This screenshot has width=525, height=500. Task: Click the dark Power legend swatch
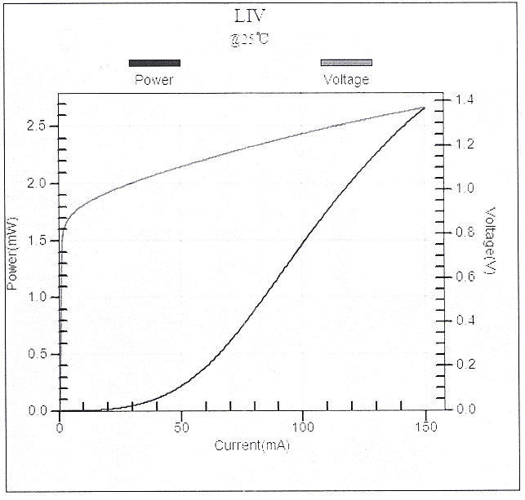[154, 63]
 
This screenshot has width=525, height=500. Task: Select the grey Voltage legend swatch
[346, 63]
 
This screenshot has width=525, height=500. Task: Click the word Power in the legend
[153, 80]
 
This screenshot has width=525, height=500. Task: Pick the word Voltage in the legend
[346, 80]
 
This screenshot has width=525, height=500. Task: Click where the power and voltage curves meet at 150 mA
[425, 108]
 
